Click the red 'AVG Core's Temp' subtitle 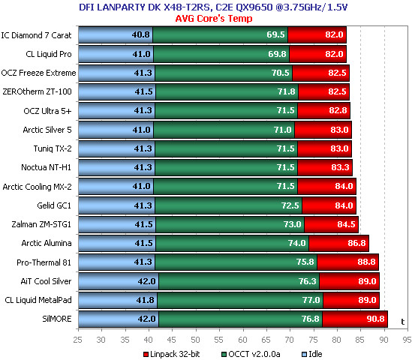point(214,19)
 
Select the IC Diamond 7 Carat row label point(36,35)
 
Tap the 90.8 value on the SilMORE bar point(375,319)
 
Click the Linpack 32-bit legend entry point(172,354)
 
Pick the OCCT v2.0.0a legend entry point(251,354)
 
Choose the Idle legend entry point(312,354)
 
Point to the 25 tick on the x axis point(77,340)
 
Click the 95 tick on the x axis point(407,340)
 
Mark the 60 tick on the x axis point(242,340)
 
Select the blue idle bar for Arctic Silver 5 point(116,130)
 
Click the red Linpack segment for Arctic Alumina point(338,243)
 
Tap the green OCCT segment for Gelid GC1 point(228,205)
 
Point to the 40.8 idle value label point(140,34)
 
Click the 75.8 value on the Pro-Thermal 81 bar point(305,262)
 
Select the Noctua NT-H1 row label point(47,167)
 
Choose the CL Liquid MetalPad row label point(38,300)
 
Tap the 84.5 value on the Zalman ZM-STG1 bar point(346,224)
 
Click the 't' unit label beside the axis point(402,322)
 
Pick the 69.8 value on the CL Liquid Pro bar point(277,54)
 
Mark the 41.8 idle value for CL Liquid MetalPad point(145,300)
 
